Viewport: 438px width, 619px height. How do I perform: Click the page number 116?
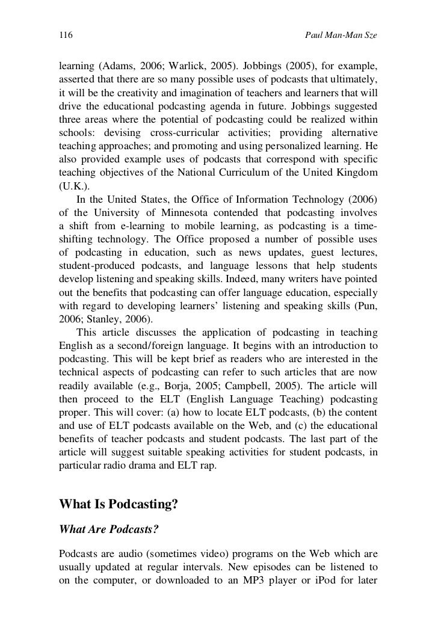tap(65, 37)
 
